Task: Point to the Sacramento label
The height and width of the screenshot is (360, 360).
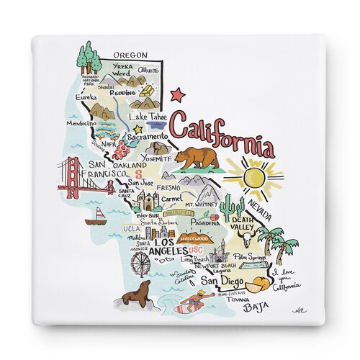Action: [145, 135]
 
